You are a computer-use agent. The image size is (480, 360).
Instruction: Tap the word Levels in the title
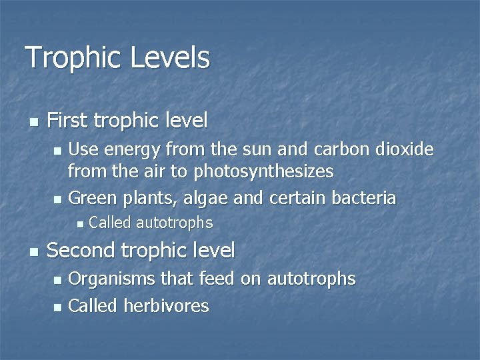[170, 58]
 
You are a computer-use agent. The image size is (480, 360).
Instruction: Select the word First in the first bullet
[68, 121]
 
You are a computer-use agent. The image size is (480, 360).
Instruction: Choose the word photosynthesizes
[263, 172]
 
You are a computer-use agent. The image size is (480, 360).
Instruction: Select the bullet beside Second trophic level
[34, 251]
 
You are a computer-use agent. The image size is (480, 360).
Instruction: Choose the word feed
[217, 279]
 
